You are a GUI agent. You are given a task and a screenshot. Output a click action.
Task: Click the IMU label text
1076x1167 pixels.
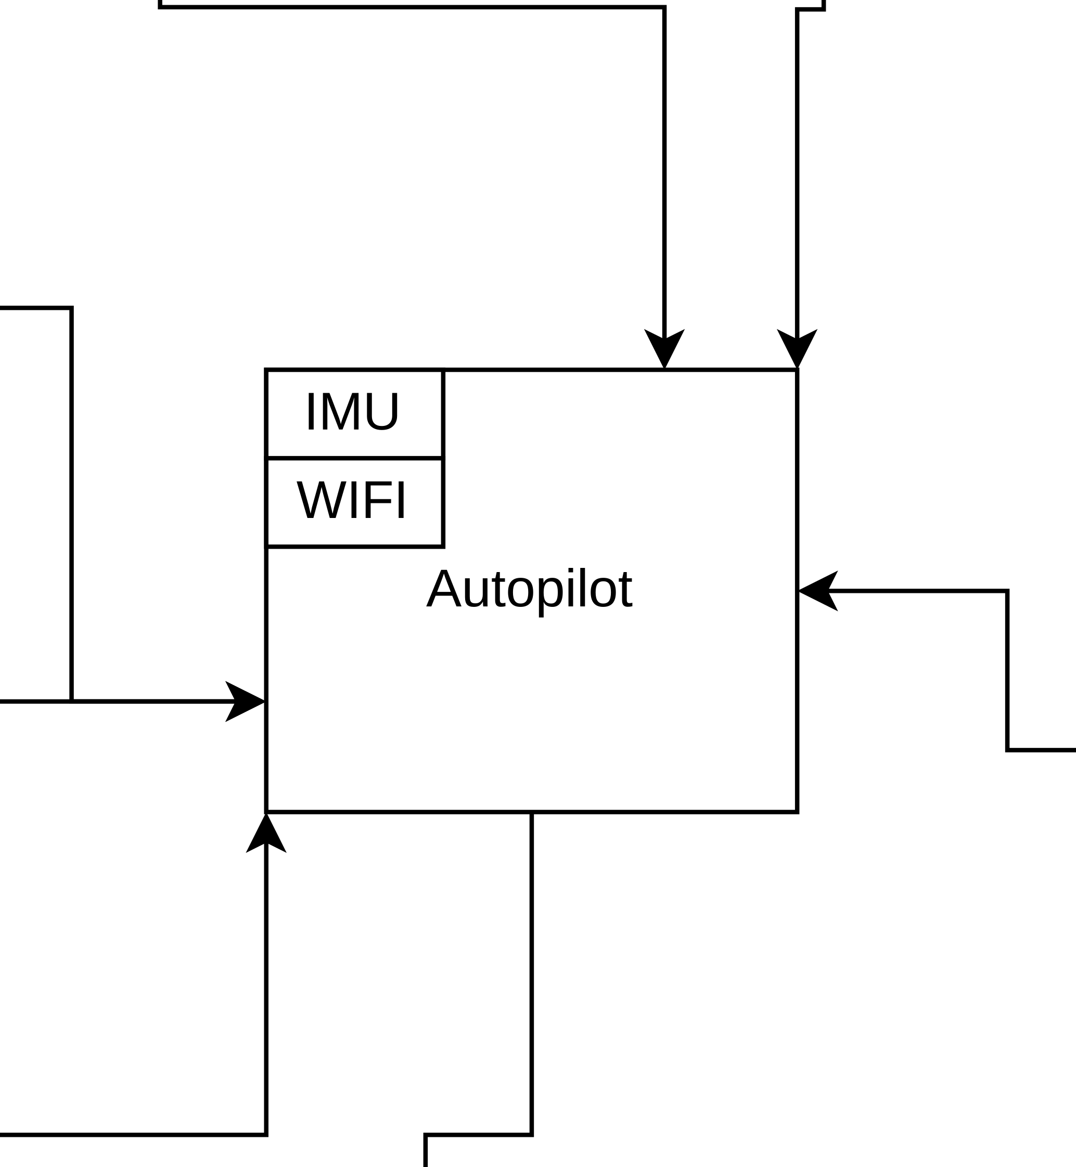[352, 411]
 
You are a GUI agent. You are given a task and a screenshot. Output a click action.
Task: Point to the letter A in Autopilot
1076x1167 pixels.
[444, 589]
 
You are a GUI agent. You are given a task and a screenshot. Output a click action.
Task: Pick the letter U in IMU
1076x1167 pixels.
[382, 411]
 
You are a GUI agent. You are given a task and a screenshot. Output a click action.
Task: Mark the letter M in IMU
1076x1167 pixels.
[341, 411]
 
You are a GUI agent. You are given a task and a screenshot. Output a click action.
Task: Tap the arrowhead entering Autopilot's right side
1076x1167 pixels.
[815, 591]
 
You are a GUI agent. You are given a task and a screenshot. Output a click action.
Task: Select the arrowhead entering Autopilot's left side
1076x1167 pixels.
[248, 702]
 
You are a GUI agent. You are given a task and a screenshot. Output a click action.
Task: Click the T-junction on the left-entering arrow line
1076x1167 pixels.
[71, 702]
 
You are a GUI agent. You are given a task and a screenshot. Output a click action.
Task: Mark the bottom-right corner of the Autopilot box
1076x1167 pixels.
[797, 811]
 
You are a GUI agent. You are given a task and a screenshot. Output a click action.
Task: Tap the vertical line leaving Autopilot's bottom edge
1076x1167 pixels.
[532, 931]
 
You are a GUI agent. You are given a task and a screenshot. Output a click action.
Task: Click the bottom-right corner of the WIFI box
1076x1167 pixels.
[443, 547]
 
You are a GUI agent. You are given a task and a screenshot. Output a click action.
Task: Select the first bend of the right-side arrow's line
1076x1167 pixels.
[1007, 591]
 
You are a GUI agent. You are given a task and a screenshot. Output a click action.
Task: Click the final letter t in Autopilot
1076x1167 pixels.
[626, 589]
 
